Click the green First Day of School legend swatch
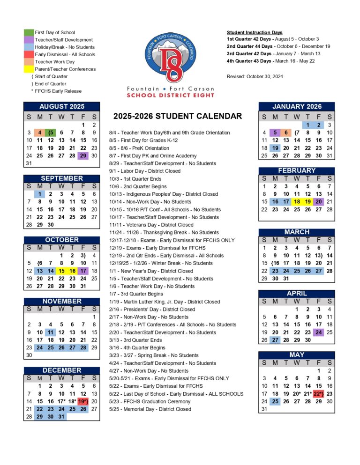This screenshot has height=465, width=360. pos(29,33)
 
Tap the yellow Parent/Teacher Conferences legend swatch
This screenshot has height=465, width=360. pos(29,69)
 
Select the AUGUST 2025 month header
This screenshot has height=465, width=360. pos(61,107)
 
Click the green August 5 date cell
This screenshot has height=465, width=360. pos(51,133)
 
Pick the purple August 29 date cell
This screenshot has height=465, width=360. pos(83,155)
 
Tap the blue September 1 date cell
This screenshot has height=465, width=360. pos(40,194)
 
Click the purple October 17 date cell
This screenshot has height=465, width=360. pos(83,271)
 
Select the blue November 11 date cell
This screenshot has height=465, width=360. pos(51,332)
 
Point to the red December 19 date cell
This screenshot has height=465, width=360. pos(83,401)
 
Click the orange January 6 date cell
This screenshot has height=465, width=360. pos(286,133)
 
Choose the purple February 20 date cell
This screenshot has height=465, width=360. pos(319,201)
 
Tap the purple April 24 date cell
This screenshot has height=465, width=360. pos(319,332)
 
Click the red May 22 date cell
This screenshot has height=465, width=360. pos(319,393)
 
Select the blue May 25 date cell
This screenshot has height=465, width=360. pos(275,401)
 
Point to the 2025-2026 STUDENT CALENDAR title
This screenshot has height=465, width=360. pos(177,117)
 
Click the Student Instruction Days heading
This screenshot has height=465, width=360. pos(255,32)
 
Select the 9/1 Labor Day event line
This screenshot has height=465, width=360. pos(145,171)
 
